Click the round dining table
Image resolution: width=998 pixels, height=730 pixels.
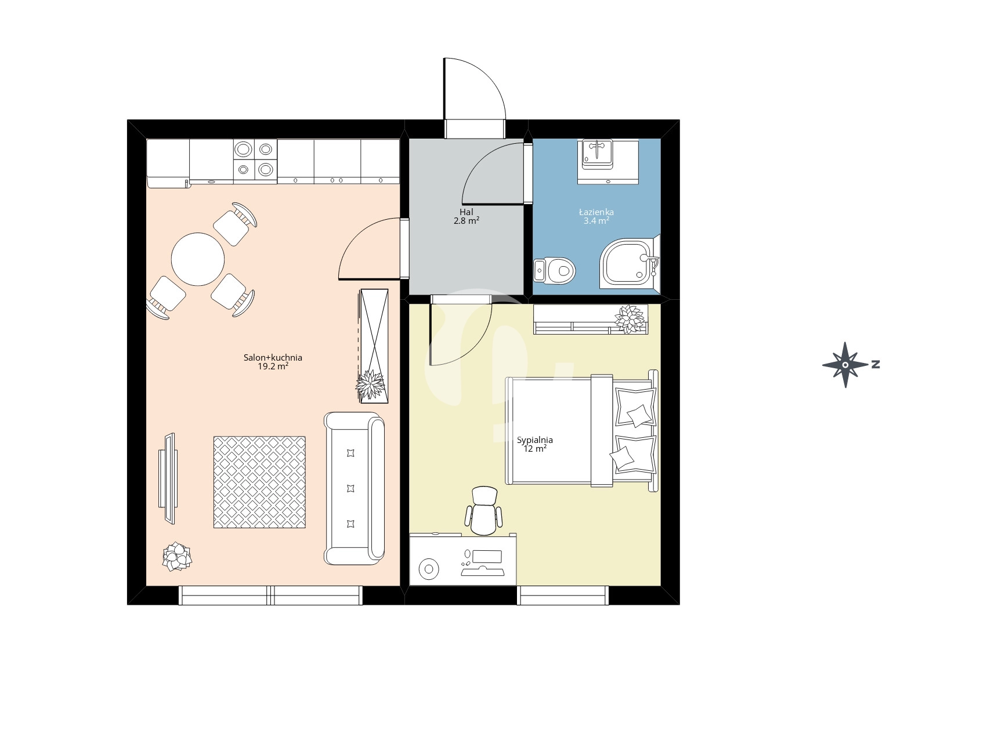tap(198, 259)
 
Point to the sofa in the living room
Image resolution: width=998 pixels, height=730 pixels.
tap(354, 488)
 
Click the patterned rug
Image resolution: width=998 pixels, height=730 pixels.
tap(259, 482)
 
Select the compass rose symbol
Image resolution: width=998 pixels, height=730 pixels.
tap(845, 364)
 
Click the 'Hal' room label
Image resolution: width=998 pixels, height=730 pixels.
tap(467, 212)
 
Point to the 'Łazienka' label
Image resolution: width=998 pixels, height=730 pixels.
tap(596, 212)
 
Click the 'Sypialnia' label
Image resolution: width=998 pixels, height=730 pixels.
tap(535, 440)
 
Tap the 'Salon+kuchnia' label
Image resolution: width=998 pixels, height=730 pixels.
tap(273, 358)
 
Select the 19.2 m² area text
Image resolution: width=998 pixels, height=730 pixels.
tap(273, 366)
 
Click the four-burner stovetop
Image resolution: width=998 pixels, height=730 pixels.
tap(255, 159)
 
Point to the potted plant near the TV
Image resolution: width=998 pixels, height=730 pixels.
tap(177, 557)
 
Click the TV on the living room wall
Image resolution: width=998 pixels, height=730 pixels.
tap(168, 479)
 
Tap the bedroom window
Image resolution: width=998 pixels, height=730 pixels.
tap(563, 595)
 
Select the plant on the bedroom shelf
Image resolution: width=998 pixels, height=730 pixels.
tap(630, 319)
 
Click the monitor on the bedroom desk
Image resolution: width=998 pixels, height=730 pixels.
tap(487, 557)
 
